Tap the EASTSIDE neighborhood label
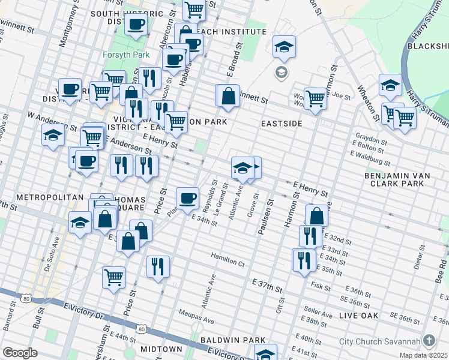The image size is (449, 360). tap(280, 122)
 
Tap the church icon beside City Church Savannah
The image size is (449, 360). tap(429, 341)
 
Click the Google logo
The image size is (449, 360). tap(20, 353)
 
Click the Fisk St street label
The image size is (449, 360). tap(321, 287)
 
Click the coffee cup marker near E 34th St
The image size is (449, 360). tap(187, 198)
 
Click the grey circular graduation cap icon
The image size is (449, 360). tap(280, 73)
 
